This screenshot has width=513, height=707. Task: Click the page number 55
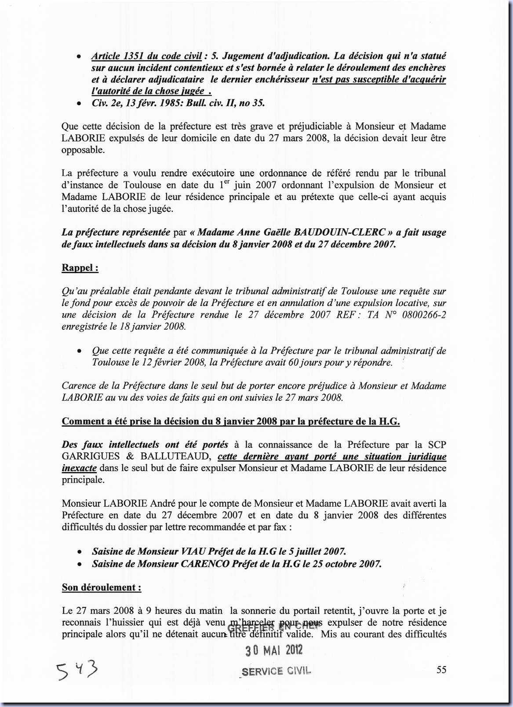click(x=441, y=669)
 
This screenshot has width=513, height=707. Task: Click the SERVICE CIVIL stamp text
click(x=276, y=671)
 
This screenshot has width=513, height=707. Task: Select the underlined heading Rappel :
click(x=80, y=267)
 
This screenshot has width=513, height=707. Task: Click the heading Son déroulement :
click(x=102, y=587)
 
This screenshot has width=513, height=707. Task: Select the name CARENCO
click(x=205, y=563)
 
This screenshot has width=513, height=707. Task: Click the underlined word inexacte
click(x=79, y=468)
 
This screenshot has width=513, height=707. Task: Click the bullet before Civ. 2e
click(x=79, y=104)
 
